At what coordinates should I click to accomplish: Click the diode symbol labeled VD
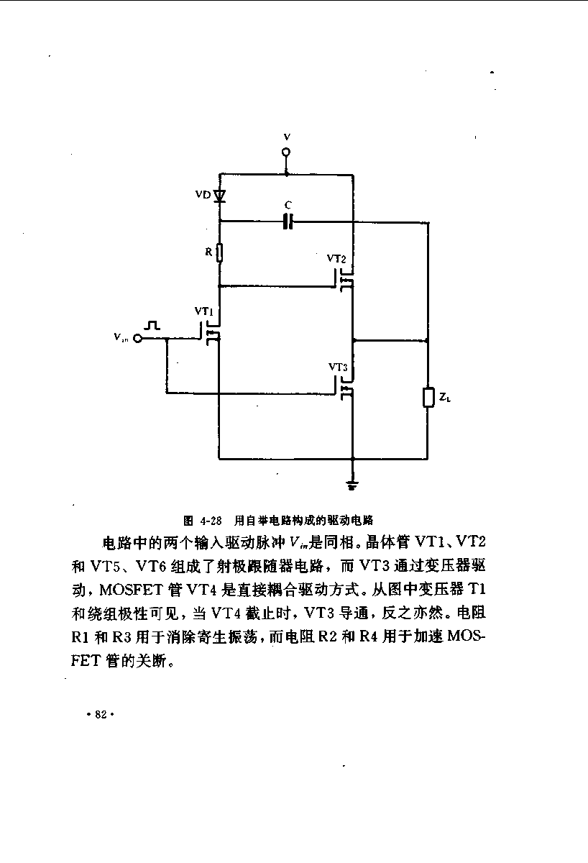click(x=219, y=196)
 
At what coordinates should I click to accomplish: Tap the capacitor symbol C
click(x=288, y=222)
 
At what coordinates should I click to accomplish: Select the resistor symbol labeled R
click(x=219, y=252)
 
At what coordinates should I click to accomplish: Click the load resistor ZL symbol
click(x=428, y=397)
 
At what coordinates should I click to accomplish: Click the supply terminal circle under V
click(x=286, y=152)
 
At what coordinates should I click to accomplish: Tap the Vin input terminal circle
click(x=137, y=338)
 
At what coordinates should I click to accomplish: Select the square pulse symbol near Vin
click(x=152, y=325)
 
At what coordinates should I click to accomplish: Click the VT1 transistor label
click(x=203, y=311)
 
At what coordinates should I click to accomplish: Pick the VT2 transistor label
click(x=336, y=258)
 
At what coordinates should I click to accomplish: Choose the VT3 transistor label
click(x=338, y=367)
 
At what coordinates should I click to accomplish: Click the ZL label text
click(x=445, y=397)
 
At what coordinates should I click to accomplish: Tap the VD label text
click(x=203, y=195)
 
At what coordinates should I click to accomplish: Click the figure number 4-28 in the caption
click(x=211, y=521)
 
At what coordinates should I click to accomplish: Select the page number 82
click(x=101, y=715)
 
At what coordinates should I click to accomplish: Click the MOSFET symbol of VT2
click(x=344, y=280)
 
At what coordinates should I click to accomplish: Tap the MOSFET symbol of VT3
click(x=344, y=388)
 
